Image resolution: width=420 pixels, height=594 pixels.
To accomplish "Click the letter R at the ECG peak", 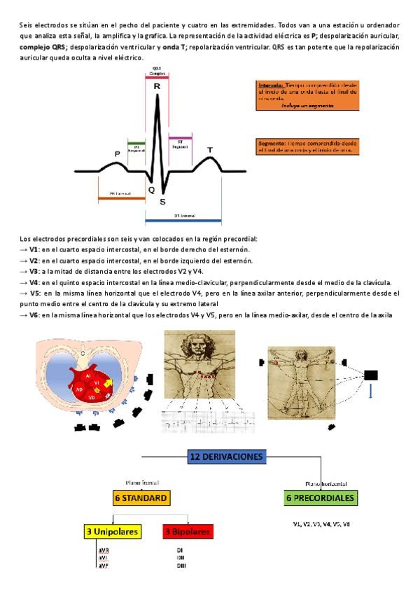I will [x=157, y=85].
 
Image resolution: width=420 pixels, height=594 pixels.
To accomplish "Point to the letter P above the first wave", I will [x=117, y=153].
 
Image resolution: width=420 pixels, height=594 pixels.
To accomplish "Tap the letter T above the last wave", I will [x=210, y=150].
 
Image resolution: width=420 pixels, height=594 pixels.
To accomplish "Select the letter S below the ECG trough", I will [x=163, y=202].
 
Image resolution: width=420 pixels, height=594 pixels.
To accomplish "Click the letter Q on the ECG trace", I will [x=151, y=190].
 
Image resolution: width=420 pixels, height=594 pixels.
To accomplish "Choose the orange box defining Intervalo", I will [x=308, y=95].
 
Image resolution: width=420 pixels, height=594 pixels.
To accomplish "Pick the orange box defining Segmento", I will [x=308, y=146].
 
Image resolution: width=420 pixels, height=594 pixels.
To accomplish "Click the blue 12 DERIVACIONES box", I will [x=226, y=457].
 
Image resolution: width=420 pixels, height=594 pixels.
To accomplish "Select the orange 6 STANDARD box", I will [x=141, y=499].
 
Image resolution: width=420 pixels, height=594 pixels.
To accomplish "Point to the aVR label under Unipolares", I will [x=103, y=551].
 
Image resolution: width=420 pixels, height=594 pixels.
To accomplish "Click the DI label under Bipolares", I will [x=180, y=551].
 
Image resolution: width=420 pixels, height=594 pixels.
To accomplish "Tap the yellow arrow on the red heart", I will [x=107, y=383].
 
